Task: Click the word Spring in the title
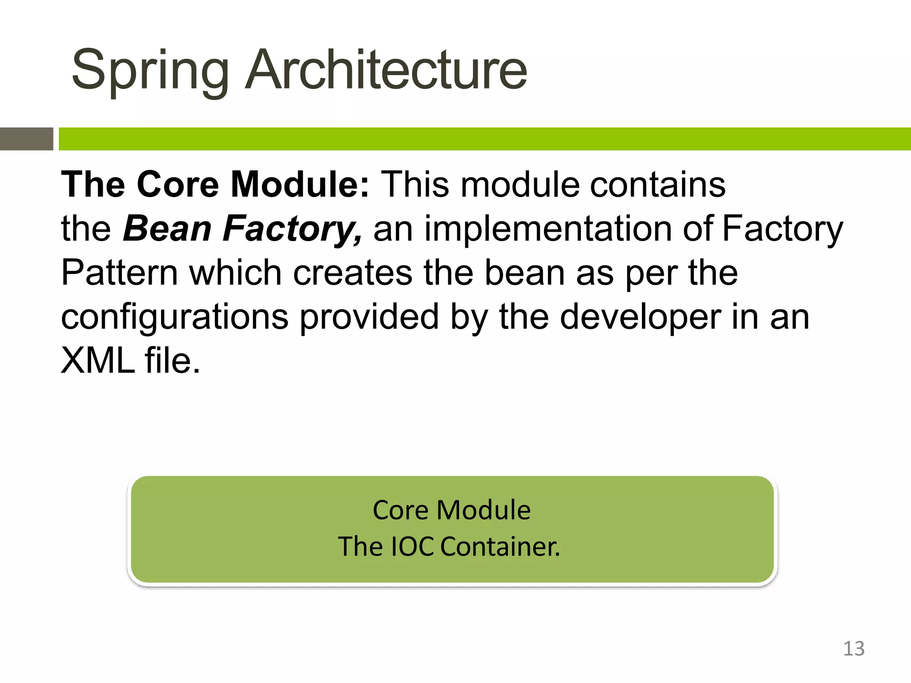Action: coord(150,71)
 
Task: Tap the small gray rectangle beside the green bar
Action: coord(27,139)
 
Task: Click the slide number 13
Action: coord(854,649)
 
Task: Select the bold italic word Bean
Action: coord(167,229)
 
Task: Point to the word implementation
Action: coord(548,229)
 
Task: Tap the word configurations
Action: coord(174,317)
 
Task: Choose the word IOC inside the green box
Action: coord(412,546)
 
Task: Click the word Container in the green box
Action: coord(500,546)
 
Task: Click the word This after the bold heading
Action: coord(415,185)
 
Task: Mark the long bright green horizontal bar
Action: coord(485,139)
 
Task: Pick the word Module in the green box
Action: coord(484,510)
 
